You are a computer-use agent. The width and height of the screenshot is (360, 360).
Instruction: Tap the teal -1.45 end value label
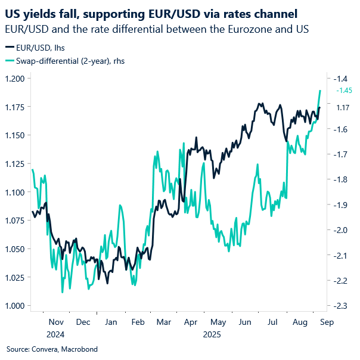[x=345, y=91]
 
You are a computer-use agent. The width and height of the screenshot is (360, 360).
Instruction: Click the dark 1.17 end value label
[x=343, y=107]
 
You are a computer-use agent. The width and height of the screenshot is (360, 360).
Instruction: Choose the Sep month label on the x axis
[x=326, y=322]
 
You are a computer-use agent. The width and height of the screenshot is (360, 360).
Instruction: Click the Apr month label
[x=190, y=322]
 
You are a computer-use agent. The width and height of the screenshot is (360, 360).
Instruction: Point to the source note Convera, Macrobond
[x=52, y=349]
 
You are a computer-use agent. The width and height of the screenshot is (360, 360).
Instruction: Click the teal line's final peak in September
[x=321, y=91]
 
